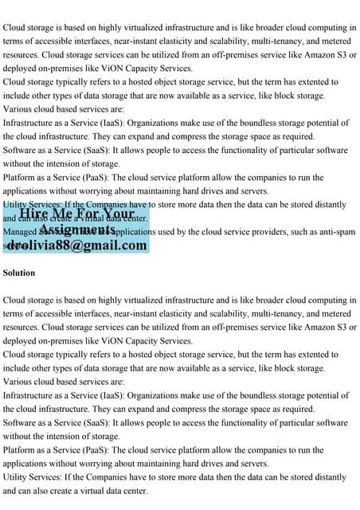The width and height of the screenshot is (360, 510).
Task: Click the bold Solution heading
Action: click(19, 273)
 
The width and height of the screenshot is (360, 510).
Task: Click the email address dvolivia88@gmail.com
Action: click(76, 245)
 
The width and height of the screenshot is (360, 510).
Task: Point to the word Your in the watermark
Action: click(118, 214)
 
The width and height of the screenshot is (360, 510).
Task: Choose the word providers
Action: click(282, 232)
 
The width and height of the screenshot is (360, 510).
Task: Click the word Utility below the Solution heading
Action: click(17, 477)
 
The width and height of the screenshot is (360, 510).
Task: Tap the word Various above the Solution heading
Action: click(19, 109)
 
